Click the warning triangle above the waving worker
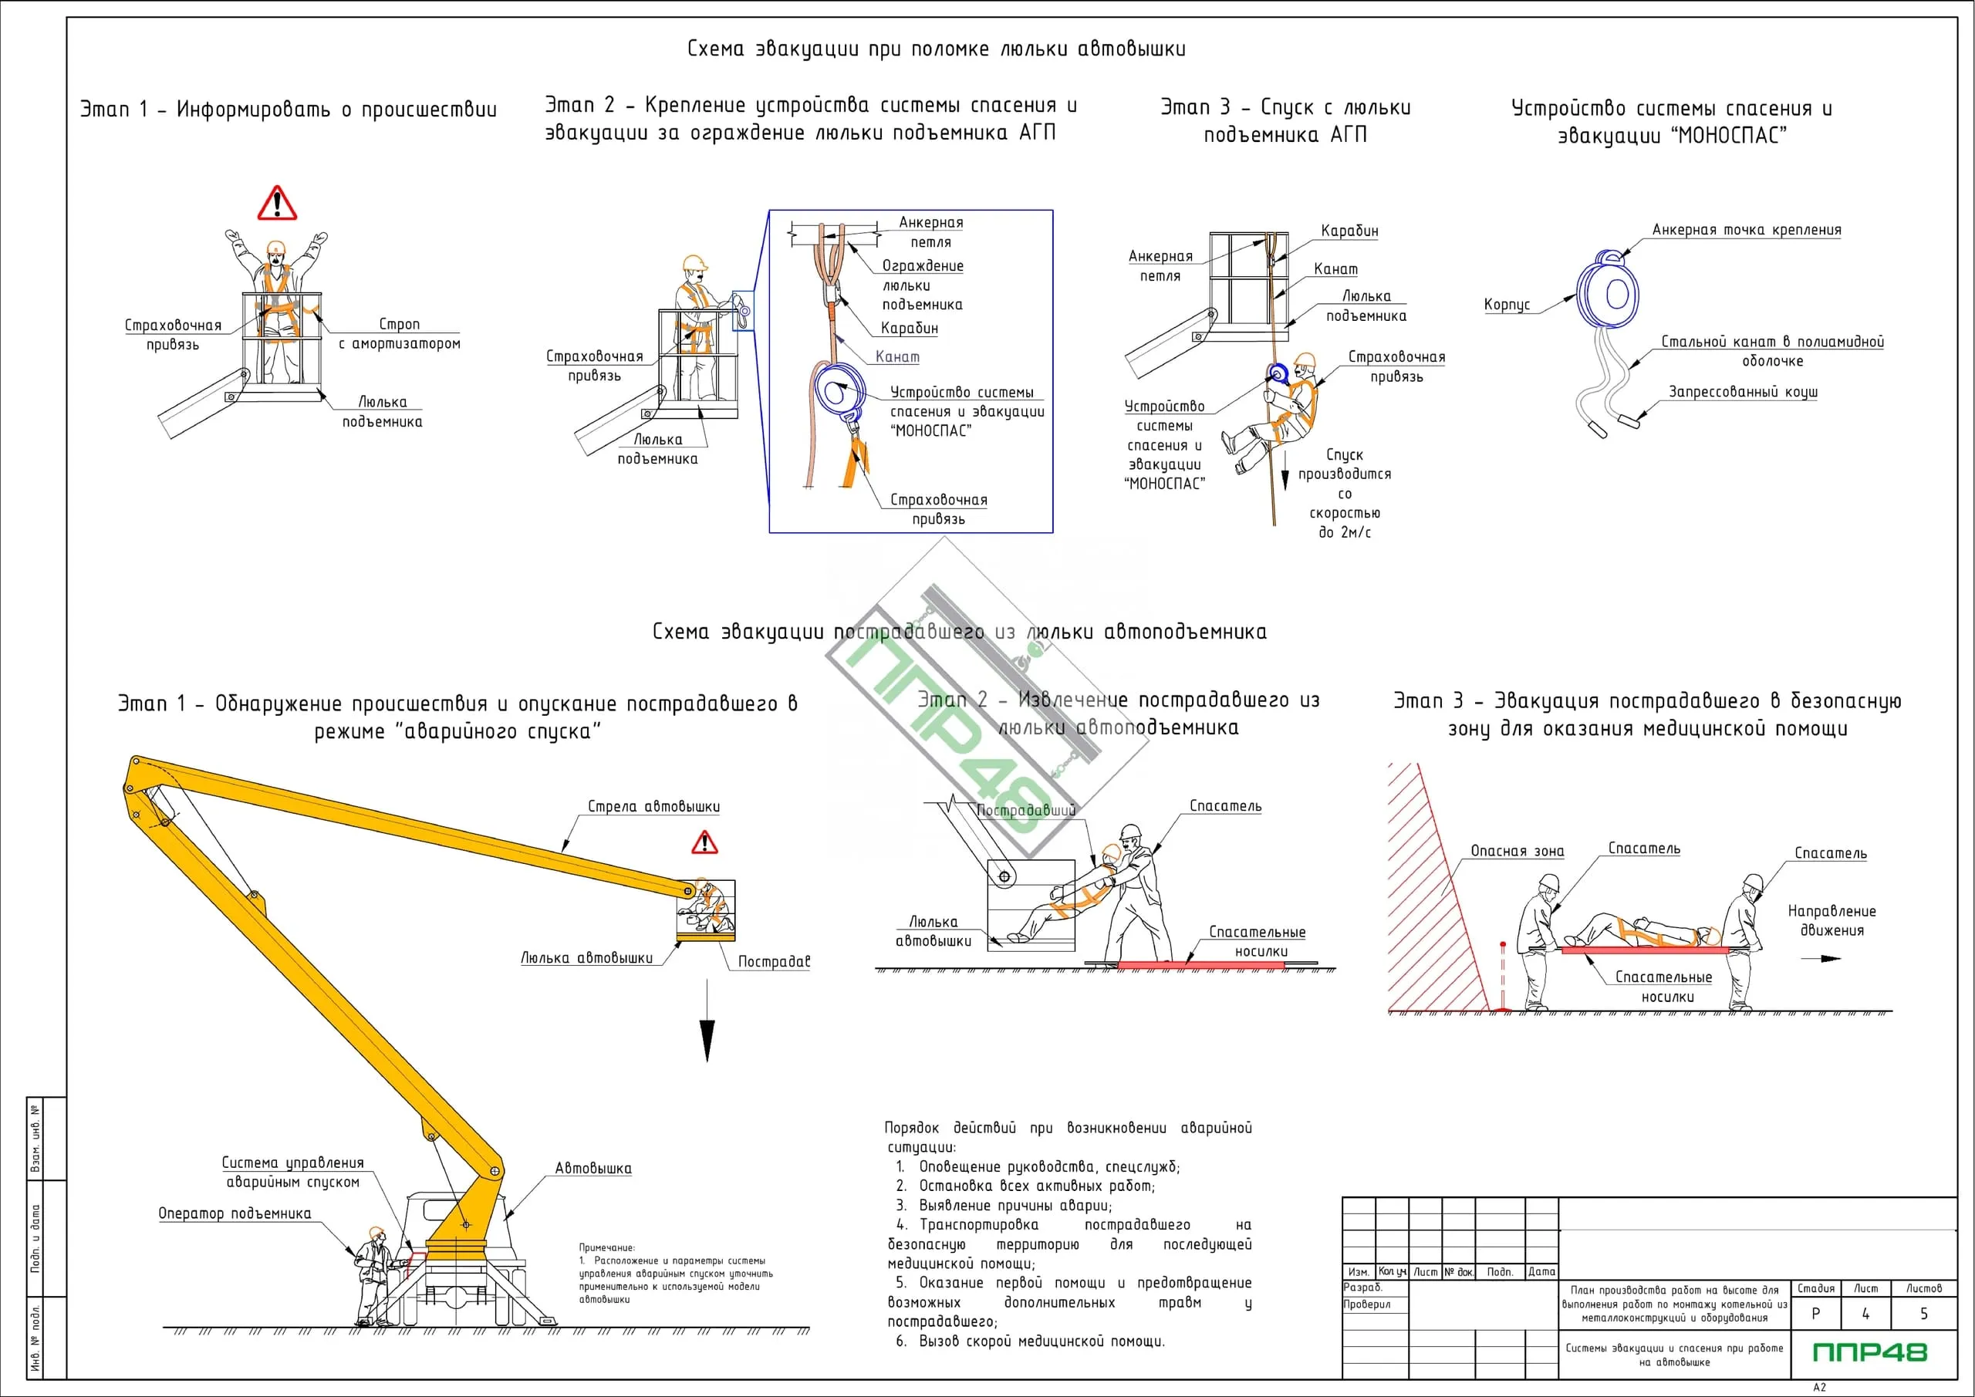pyautogui.click(x=277, y=204)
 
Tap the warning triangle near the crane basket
pyautogui.click(x=704, y=842)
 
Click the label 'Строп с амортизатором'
pyautogui.click(x=399, y=334)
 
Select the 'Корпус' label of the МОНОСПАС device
pyautogui.click(x=1506, y=305)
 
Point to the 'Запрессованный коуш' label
pyautogui.click(x=1743, y=393)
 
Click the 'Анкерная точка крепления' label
pyautogui.click(x=1746, y=231)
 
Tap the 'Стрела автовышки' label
pyautogui.click(x=653, y=807)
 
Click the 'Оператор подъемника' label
pyautogui.click(x=234, y=1213)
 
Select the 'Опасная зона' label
pyautogui.click(x=1517, y=852)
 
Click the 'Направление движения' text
pyautogui.click(x=1832, y=920)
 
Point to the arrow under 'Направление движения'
pyautogui.click(x=1821, y=958)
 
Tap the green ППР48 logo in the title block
pyautogui.click(x=1870, y=1352)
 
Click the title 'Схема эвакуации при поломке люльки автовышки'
pyautogui.click(x=936, y=49)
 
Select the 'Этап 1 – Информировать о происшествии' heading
pyautogui.click(x=289, y=110)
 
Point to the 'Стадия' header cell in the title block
pyautogui.click(x=1816, y=1288)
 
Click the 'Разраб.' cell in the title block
pyautogui.click(x=1362, y=1287)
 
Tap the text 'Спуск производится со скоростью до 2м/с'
pyautogui.click(x=1345, y=493)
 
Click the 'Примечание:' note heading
pyautogui.click(x=606, y=1247)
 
